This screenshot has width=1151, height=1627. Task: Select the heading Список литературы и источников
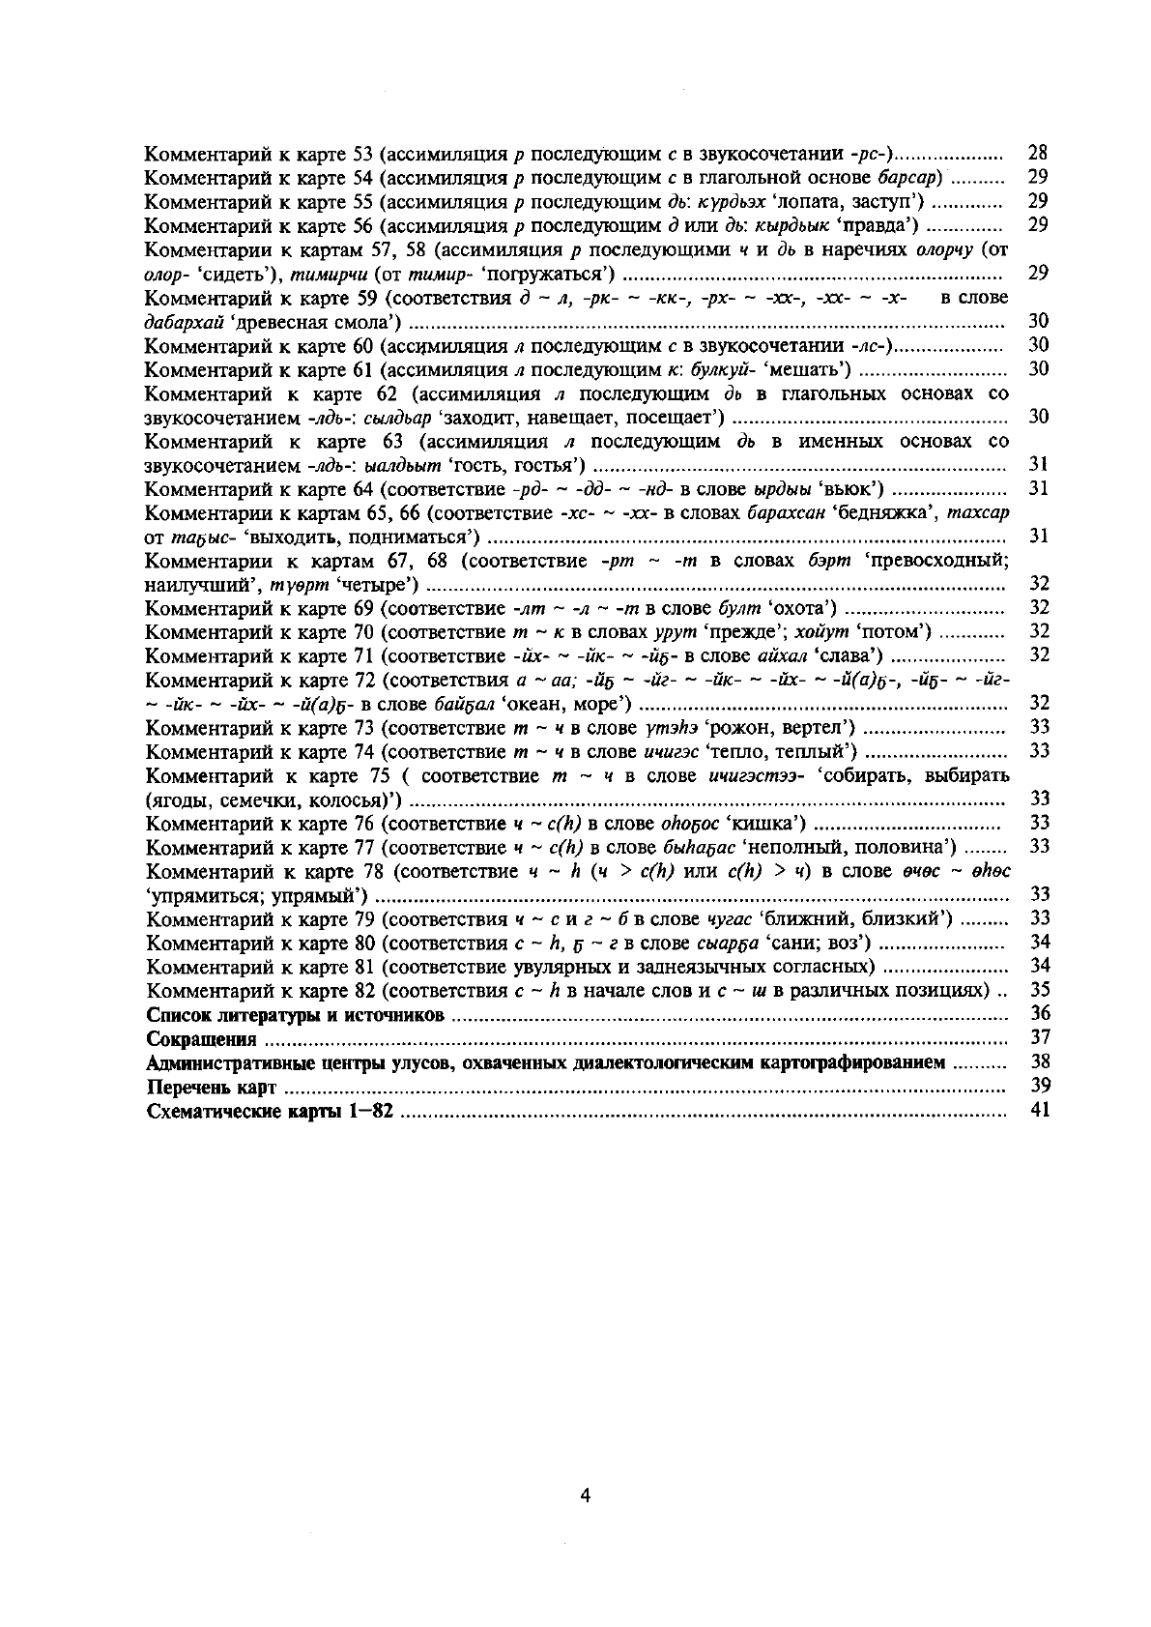tap(295, 1015)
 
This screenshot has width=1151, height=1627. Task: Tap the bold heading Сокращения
tap(201, 1039)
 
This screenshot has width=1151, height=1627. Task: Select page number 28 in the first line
tap(1039, 153)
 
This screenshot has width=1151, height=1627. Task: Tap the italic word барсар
tap(909, 177)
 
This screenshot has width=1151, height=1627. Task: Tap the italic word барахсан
tap(787, 512)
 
